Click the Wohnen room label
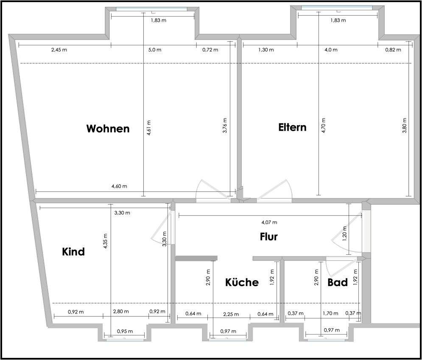(x=108, y=129)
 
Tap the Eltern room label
(x=292, y=127)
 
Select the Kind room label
(x=73, y=252)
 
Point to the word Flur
(x=268, y=236)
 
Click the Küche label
(x=242, y=282)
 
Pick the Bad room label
(x=338, y=282)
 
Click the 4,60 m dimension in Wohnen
(x=119, y=186)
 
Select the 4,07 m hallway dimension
(x=268, y=222)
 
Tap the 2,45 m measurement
(x=59, y=50)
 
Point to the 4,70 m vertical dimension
(x=324, y=126)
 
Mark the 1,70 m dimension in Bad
(x=330, y=313)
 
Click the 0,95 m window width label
(x=125, y=331)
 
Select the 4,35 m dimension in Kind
(x=106, y=242)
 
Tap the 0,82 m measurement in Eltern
(x=393, y=50)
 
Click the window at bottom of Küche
(x=228, y=339)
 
